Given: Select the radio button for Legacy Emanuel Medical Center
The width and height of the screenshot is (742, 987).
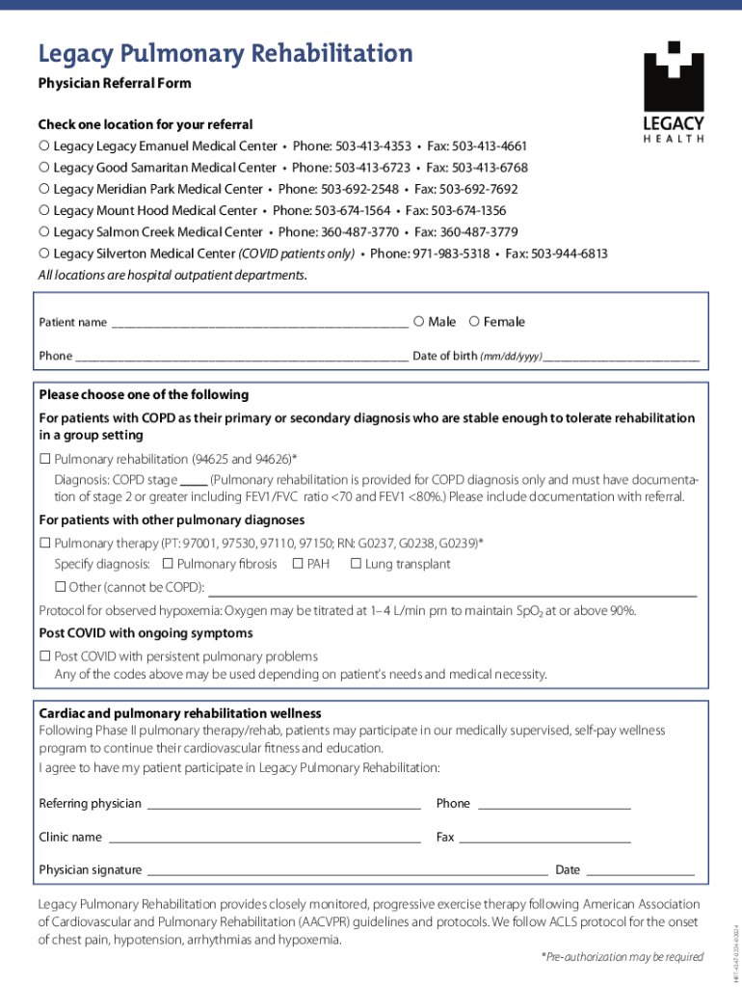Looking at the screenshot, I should (x=44, y=147).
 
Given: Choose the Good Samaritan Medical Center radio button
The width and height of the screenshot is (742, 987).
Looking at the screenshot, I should (x=44, y=168).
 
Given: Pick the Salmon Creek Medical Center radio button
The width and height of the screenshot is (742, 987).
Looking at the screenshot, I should (x=44, y=231).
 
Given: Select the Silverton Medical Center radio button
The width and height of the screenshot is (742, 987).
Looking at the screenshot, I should (x=44, y=253).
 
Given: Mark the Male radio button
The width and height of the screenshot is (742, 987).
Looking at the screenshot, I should (x=418, y=321).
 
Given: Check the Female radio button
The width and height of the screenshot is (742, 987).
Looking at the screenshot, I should (x=474, y=321).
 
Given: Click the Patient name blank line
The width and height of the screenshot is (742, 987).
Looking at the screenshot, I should (x=259, y=324).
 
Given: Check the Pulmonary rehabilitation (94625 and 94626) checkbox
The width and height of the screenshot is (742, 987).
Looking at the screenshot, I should (x=44, y=459).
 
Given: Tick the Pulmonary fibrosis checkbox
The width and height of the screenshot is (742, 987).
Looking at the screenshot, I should (x=168, y=564).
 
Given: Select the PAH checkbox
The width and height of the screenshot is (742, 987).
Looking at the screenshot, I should (x=298, y=564).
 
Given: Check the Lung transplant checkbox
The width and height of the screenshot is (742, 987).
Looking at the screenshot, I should (x=356, y=564).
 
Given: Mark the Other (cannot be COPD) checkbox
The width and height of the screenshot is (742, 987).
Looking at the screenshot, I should (x=60, y=587).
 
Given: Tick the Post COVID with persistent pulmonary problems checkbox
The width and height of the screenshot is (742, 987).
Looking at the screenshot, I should (x=44, y=656).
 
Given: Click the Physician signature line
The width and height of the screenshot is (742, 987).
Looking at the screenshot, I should (x=347, y=870).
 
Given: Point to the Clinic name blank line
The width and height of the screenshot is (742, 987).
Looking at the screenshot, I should (x=263, y=839).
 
